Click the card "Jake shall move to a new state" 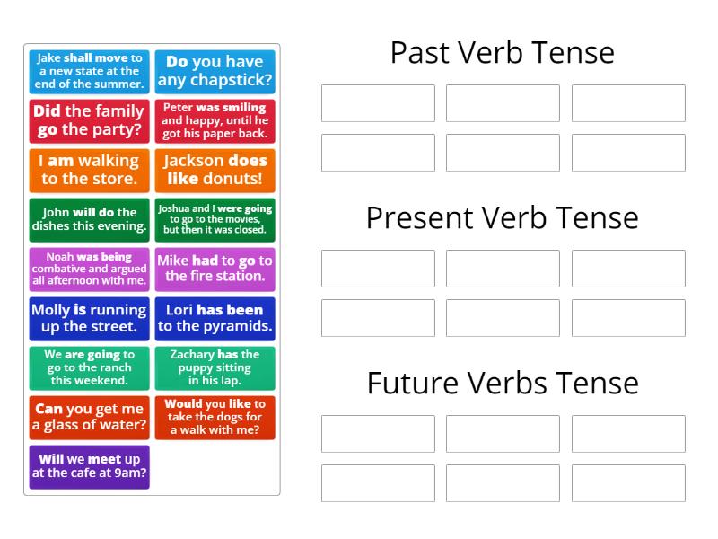[x=90, y=72]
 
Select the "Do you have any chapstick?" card [x=215, y=72]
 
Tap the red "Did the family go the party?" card [x=90, y=120]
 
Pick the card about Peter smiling [x=215, y=120]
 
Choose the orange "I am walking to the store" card [x=90, y=170]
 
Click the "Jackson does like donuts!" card [x=215, y=170]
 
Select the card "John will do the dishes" [x=90, y=220]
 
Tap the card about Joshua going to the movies [x=215, y=220]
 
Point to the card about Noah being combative [x=90, y=269]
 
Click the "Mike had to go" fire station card [x=215, y=269]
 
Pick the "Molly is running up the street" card [x=90, y=318]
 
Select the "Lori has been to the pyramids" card [x=215, y=318]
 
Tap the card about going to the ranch [x=90, y=367]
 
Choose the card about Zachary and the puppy [x=215, y=367]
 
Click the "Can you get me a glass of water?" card [x=90, y=417]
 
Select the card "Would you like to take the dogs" [x=215, y=417]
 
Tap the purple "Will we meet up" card [x=90, y=466]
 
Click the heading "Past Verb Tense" [x=502, y=52]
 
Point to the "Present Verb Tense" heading [x=502, y=217]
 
